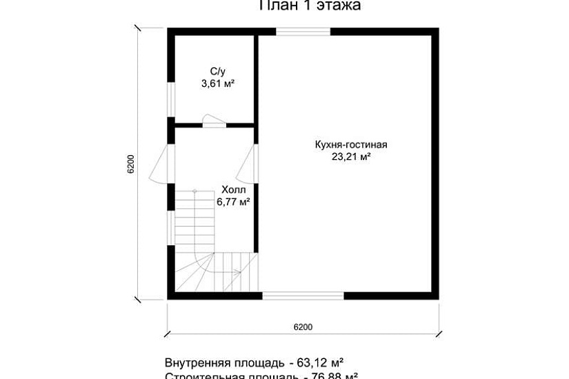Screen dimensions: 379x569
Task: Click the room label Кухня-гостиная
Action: [351, 145]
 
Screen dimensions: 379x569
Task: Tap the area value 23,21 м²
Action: [351, 156]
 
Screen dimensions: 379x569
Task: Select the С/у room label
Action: [217, 71]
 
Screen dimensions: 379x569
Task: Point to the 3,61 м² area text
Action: [217, 83]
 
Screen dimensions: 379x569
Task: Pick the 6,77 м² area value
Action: [233, 202]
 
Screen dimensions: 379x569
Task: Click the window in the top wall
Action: [303, 31]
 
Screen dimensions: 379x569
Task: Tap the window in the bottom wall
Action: [303, 296]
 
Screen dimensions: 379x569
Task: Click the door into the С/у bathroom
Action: [213, 122]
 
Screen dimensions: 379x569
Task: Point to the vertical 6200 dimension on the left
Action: [131, 164]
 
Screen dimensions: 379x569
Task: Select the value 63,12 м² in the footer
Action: [320, 362]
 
